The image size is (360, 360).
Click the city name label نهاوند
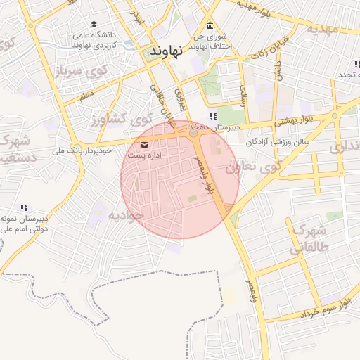coord(167,51)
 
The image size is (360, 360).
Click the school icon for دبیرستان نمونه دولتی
coord(25,207)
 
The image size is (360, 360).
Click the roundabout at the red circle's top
coord(193,132)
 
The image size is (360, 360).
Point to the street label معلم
coord(86,94)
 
